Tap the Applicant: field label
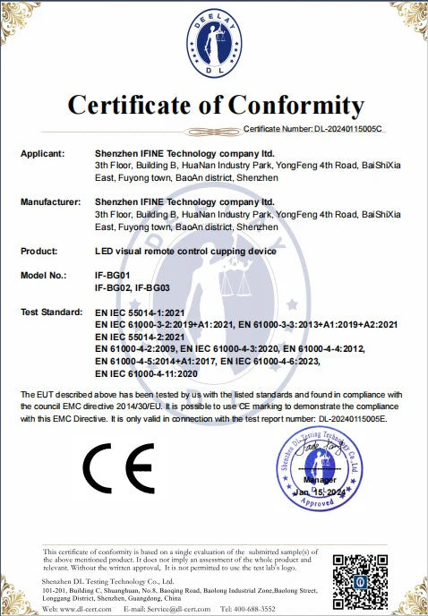click(42, 153)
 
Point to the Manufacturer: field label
click(50, 202)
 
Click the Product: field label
click(39, 252)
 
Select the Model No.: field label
click(44, 276)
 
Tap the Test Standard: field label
click(52, 312)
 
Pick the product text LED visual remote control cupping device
click(185, 252)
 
